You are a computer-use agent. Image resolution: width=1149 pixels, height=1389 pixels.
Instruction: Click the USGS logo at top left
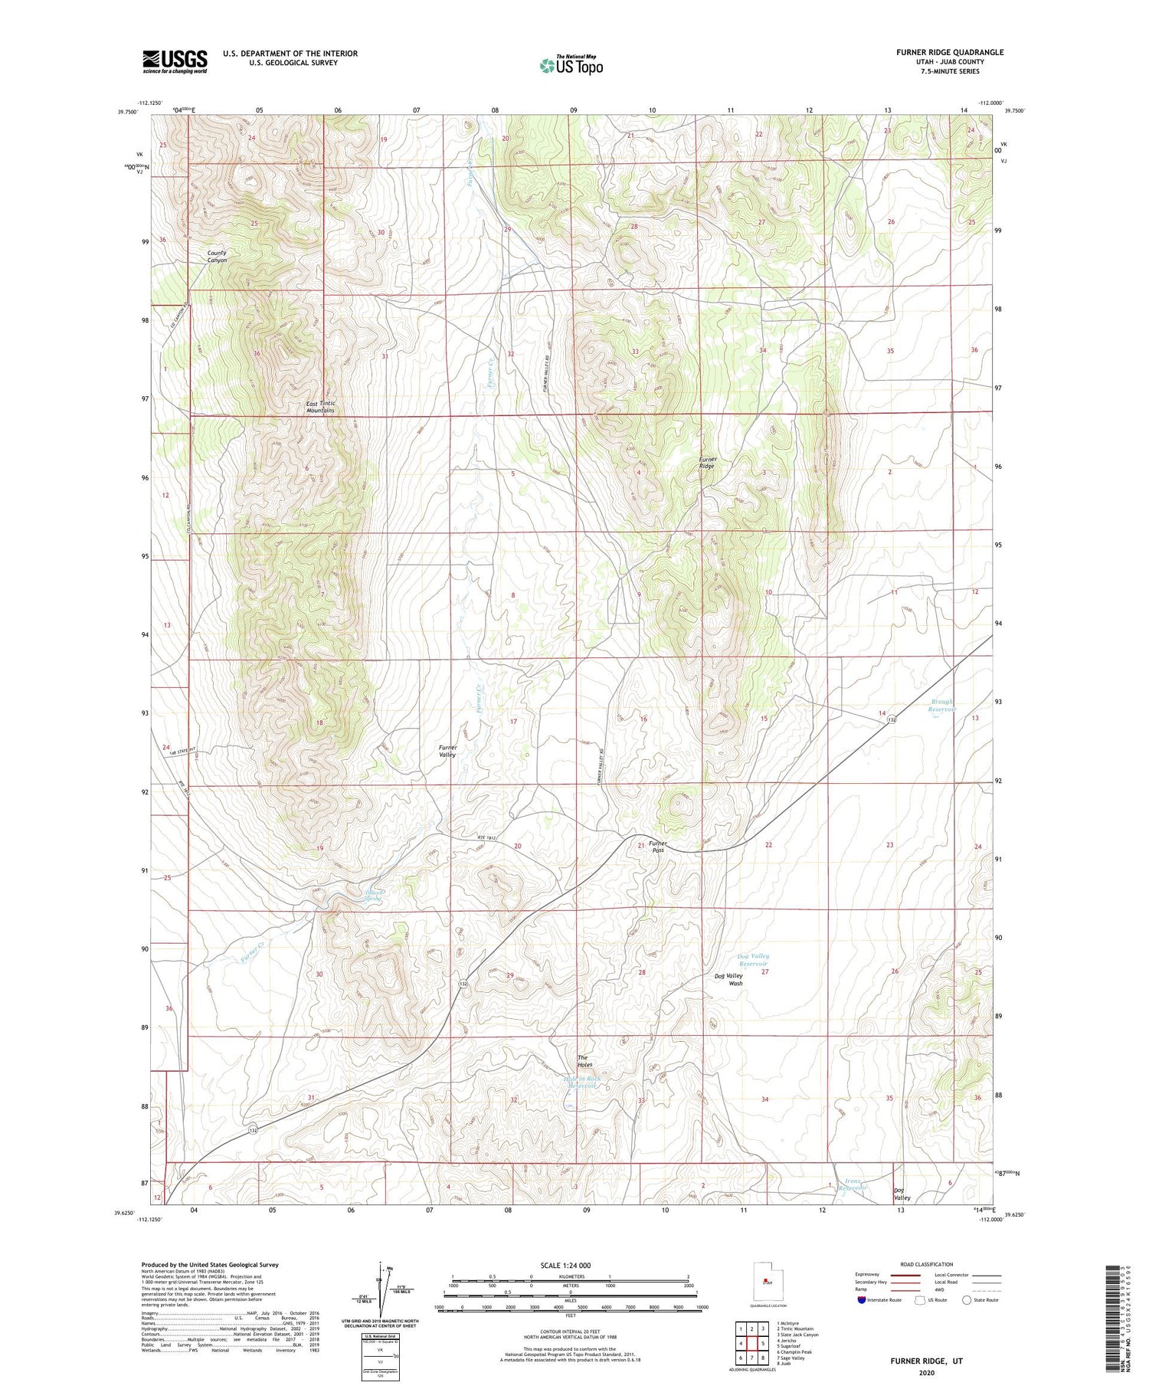point(175,61)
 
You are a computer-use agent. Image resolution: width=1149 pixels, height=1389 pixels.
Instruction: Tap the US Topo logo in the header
point(571,65)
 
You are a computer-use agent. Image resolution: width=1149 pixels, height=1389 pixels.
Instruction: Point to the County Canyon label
point(218,256)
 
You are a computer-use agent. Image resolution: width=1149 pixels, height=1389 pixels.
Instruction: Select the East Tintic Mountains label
point(320,407)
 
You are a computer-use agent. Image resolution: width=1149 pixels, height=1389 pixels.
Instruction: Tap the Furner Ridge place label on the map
point(706,463)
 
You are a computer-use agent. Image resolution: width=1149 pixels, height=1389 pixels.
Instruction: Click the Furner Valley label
point(447,751)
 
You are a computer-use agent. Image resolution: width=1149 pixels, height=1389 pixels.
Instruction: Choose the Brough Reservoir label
point(942,705)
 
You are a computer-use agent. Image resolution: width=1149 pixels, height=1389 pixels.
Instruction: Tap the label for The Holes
point(584,1061)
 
